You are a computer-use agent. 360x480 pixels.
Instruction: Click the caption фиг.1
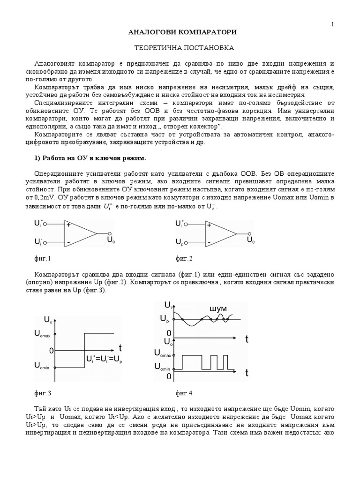click(43, 258)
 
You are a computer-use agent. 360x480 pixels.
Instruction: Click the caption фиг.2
click(184, 258)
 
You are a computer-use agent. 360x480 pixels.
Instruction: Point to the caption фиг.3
click(43, 393)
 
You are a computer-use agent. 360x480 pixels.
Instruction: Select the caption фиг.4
click(184, 393)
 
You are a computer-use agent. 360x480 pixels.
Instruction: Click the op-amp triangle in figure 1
click(80, 233)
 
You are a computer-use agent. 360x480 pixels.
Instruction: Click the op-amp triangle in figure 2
click(221, 233)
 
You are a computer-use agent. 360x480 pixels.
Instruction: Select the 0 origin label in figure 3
click(52, 350)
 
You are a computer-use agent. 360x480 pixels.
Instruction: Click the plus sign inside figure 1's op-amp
click(68, 225)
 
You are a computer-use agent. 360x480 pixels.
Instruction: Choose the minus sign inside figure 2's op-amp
click(209, 242)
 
